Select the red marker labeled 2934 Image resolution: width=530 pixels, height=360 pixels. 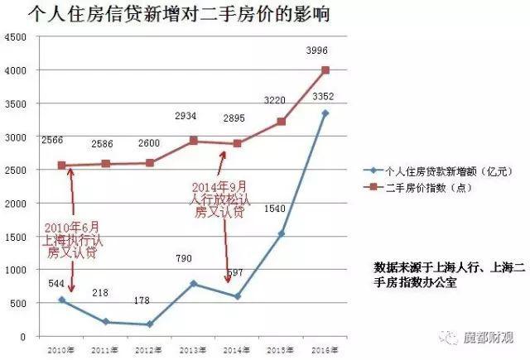click(194, 141)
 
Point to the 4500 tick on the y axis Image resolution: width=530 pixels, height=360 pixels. click(14, 37)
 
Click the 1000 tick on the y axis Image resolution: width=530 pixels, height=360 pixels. click(14, 270)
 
